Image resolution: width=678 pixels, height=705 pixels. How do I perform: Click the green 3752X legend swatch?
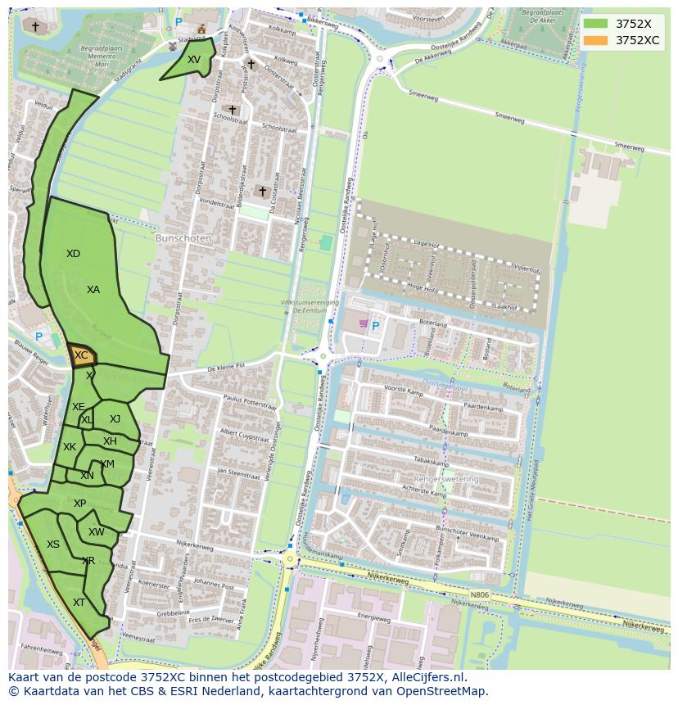(595, 24)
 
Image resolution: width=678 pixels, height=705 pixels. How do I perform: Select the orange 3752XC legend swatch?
(595, 40)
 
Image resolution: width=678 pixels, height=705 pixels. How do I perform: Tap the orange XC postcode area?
(81, 355)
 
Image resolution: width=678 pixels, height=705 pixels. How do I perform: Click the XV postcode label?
(193, 60)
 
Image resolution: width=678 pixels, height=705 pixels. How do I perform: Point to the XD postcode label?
(73, 254)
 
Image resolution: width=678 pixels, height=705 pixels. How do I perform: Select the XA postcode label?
(93, 290)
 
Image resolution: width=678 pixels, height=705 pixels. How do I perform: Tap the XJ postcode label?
(115, 419)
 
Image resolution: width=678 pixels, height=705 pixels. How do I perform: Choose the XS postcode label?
(52, 545)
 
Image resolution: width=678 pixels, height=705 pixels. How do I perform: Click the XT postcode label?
(79, 603)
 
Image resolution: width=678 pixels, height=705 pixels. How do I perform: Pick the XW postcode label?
(96, 532)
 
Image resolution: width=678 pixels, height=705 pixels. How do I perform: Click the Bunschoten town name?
(183, 238)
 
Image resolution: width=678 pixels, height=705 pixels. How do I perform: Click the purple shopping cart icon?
(363, 323)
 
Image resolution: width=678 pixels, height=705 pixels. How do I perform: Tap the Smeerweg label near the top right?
(629, 147)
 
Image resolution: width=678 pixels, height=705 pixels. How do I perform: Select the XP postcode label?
(79, 504)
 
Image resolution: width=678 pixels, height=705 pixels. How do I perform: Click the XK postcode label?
(70, 447)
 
